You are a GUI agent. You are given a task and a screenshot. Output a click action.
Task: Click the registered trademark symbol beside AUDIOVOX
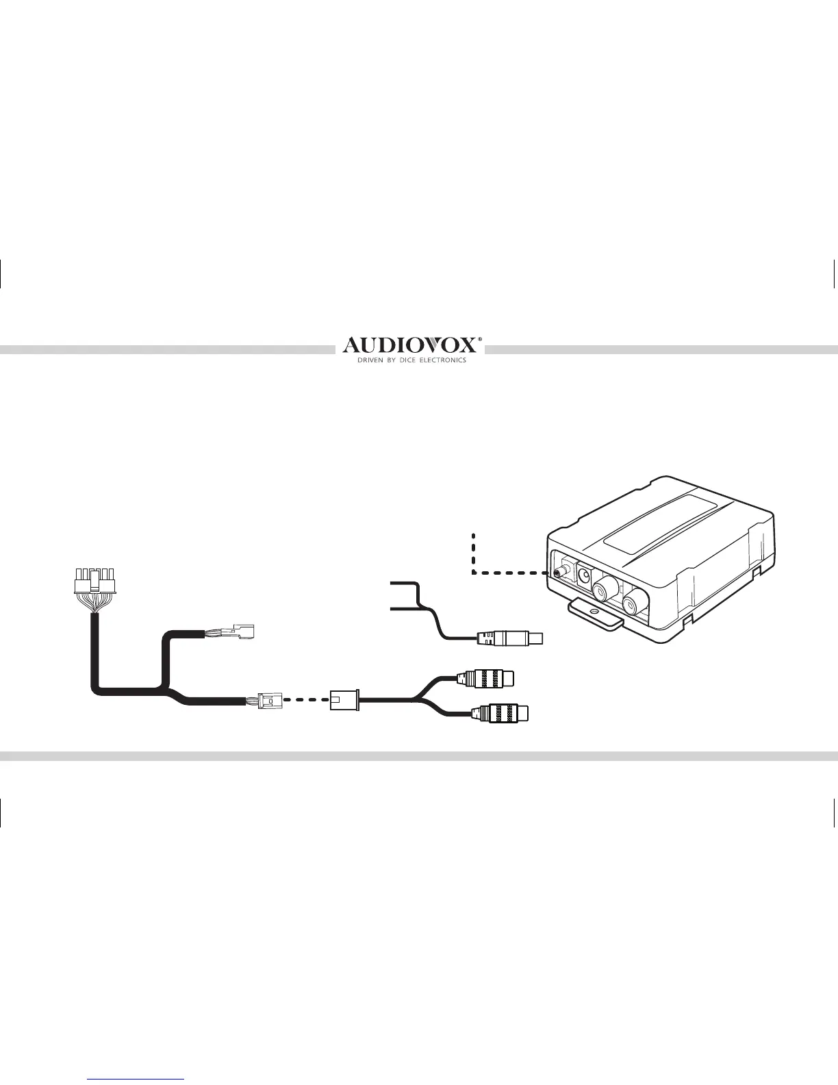pyautogui.click(x=479, y=338)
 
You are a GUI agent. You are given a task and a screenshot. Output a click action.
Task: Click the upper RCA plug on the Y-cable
pyautogui.click(x=488, y=678)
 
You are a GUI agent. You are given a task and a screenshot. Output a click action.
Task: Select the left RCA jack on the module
pyautogui.click(x=606, y=586)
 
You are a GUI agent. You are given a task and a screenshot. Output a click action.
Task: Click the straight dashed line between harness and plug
pyautogui.click(x=303, y=700)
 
